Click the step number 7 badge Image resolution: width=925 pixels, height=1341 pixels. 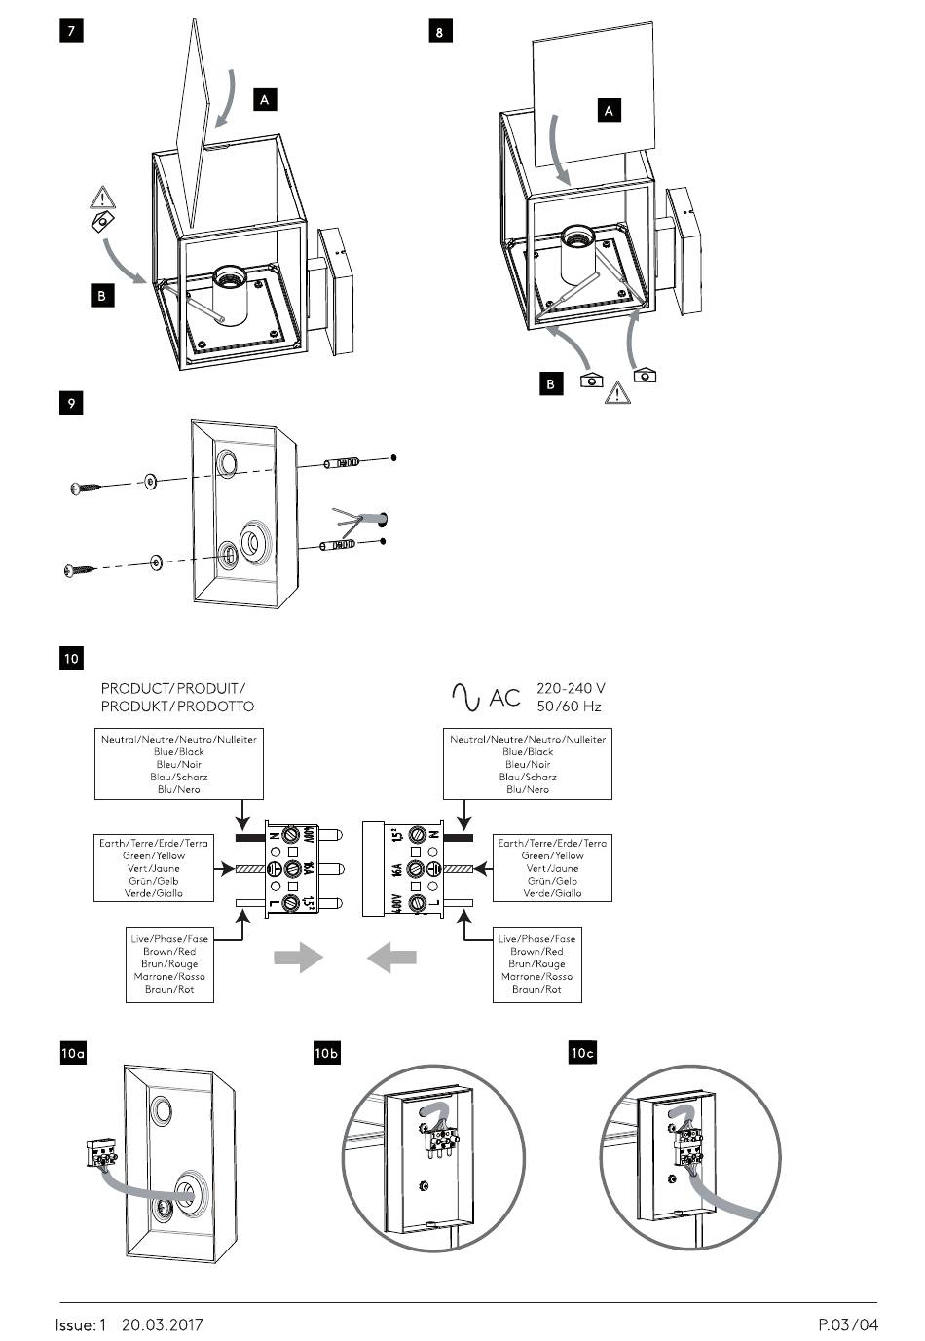[71, 31]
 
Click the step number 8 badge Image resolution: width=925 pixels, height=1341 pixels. [440, 31]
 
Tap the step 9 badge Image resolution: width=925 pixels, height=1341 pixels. [71, 403]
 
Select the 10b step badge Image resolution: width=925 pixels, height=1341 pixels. [327, 1053]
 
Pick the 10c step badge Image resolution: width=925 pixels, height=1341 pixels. [582, 1053]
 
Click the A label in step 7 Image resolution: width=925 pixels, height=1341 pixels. [265, 99]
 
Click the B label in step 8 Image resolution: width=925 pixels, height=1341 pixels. [550, 383]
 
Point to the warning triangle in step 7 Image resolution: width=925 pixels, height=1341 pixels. [102, 197]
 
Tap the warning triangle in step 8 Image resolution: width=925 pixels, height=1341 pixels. [617, 393]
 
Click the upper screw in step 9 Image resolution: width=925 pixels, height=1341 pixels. [84, 488]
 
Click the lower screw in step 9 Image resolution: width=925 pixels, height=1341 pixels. [79, 570]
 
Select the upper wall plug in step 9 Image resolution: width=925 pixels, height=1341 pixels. [342, 463]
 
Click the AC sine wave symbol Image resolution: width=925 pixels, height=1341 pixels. [465, 697]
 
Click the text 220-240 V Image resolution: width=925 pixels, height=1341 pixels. [571, 688]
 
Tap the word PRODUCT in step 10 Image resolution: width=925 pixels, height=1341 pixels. [136, 688]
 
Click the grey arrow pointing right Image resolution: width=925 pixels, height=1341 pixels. [298, 957]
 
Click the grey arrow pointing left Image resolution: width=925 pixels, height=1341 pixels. [391, 957]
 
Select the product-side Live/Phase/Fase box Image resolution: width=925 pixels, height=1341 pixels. [169, 964]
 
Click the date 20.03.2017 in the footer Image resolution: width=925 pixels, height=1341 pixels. [163, 1324]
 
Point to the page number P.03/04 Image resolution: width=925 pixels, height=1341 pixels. [848, 1324]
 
